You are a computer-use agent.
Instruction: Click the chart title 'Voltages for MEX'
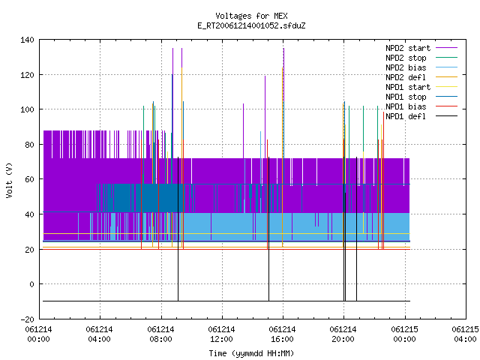point(251,16)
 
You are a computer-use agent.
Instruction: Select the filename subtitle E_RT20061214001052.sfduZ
point(251,25)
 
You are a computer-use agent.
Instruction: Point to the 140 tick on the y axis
point(27,40)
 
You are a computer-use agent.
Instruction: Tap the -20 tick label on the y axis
point(27,319)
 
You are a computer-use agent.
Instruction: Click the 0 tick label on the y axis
point(31,284)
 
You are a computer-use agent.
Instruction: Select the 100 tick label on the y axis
point(27,109)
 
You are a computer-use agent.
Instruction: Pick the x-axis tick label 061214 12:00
point(221,334)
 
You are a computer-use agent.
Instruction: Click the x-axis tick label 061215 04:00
point(465,334)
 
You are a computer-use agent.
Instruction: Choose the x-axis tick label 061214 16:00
point(282,334)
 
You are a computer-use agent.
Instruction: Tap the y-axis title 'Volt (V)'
point(9,180)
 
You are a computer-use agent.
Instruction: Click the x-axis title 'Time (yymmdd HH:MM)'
point(251,353)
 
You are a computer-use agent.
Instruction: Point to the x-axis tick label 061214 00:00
point(38,334)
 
